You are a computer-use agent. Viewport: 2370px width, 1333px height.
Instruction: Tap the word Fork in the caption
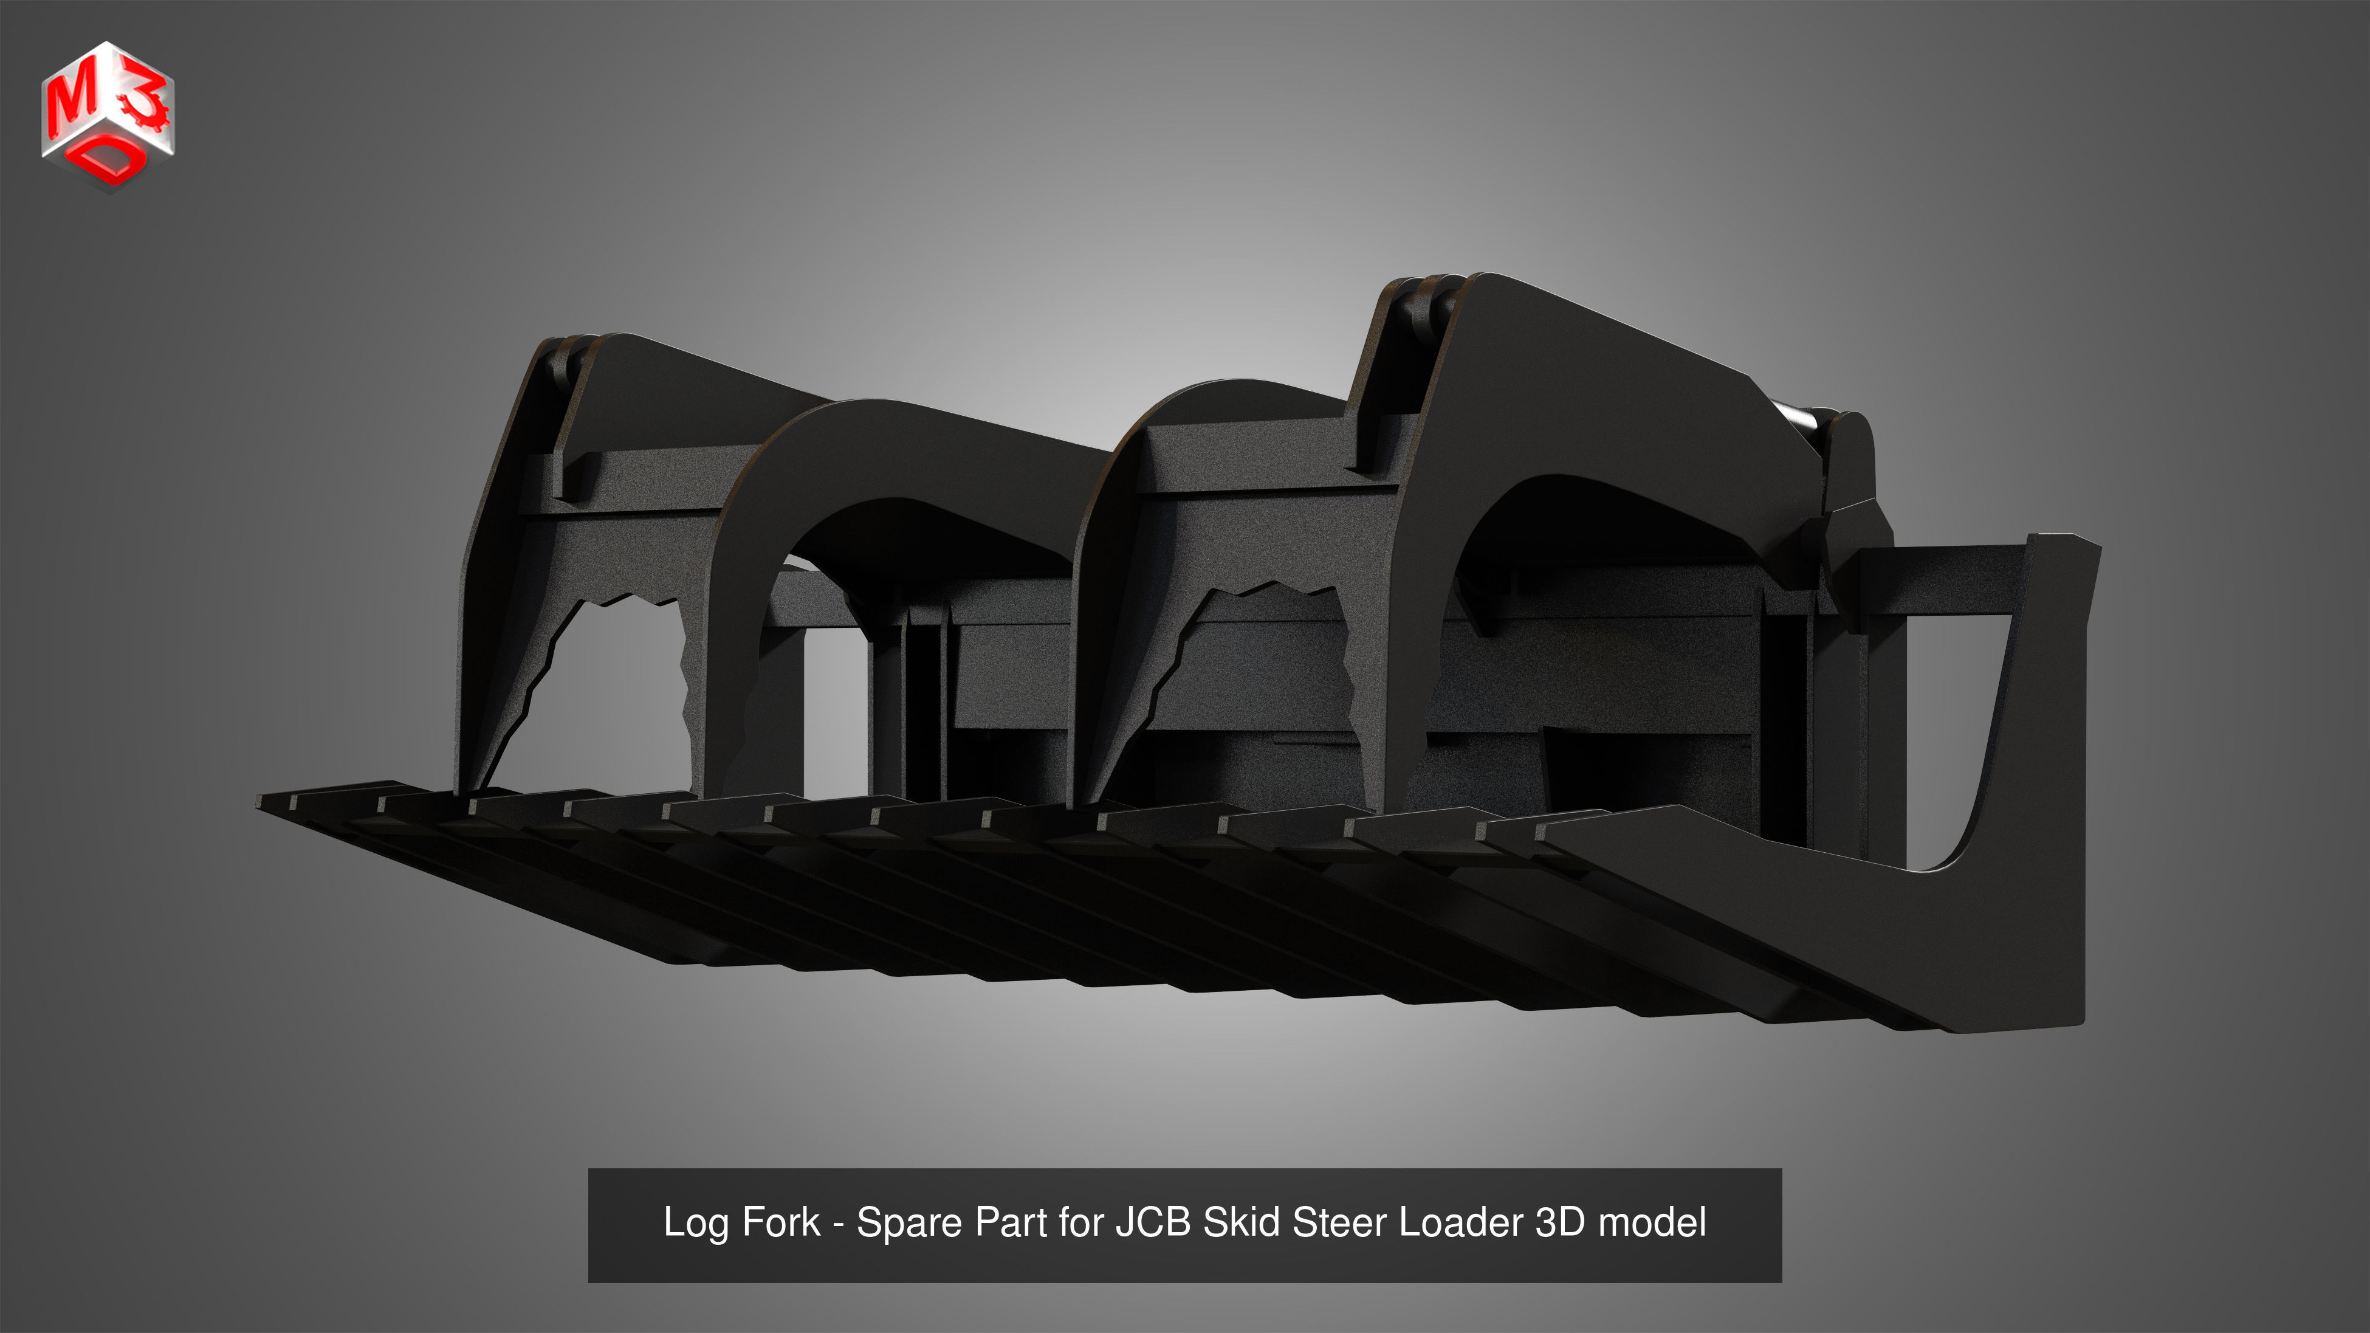click(x=780, y=1222)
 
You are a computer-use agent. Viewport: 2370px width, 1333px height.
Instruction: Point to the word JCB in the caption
click(x=1153, y=1222)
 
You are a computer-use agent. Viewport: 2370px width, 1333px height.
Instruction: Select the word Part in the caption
click(x=1011, y=1222)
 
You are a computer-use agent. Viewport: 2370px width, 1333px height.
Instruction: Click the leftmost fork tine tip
click(x=276, y=802)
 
